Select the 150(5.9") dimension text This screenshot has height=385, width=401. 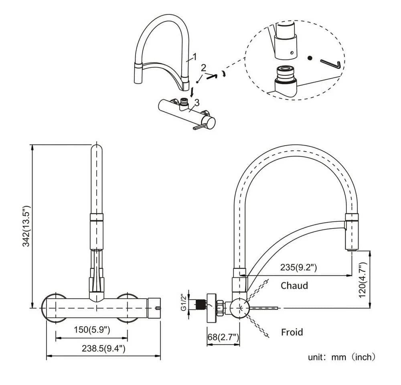click(92, 330)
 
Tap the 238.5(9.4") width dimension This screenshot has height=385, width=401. click(103, 348)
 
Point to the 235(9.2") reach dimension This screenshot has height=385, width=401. click(298, 267)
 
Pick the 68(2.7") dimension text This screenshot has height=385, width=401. click(223, 337)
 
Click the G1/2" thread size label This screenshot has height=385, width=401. click(184, 303)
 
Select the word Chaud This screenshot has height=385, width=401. click(294, 286)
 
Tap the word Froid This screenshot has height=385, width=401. click(292, 332)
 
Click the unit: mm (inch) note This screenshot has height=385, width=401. click(342, 357)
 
